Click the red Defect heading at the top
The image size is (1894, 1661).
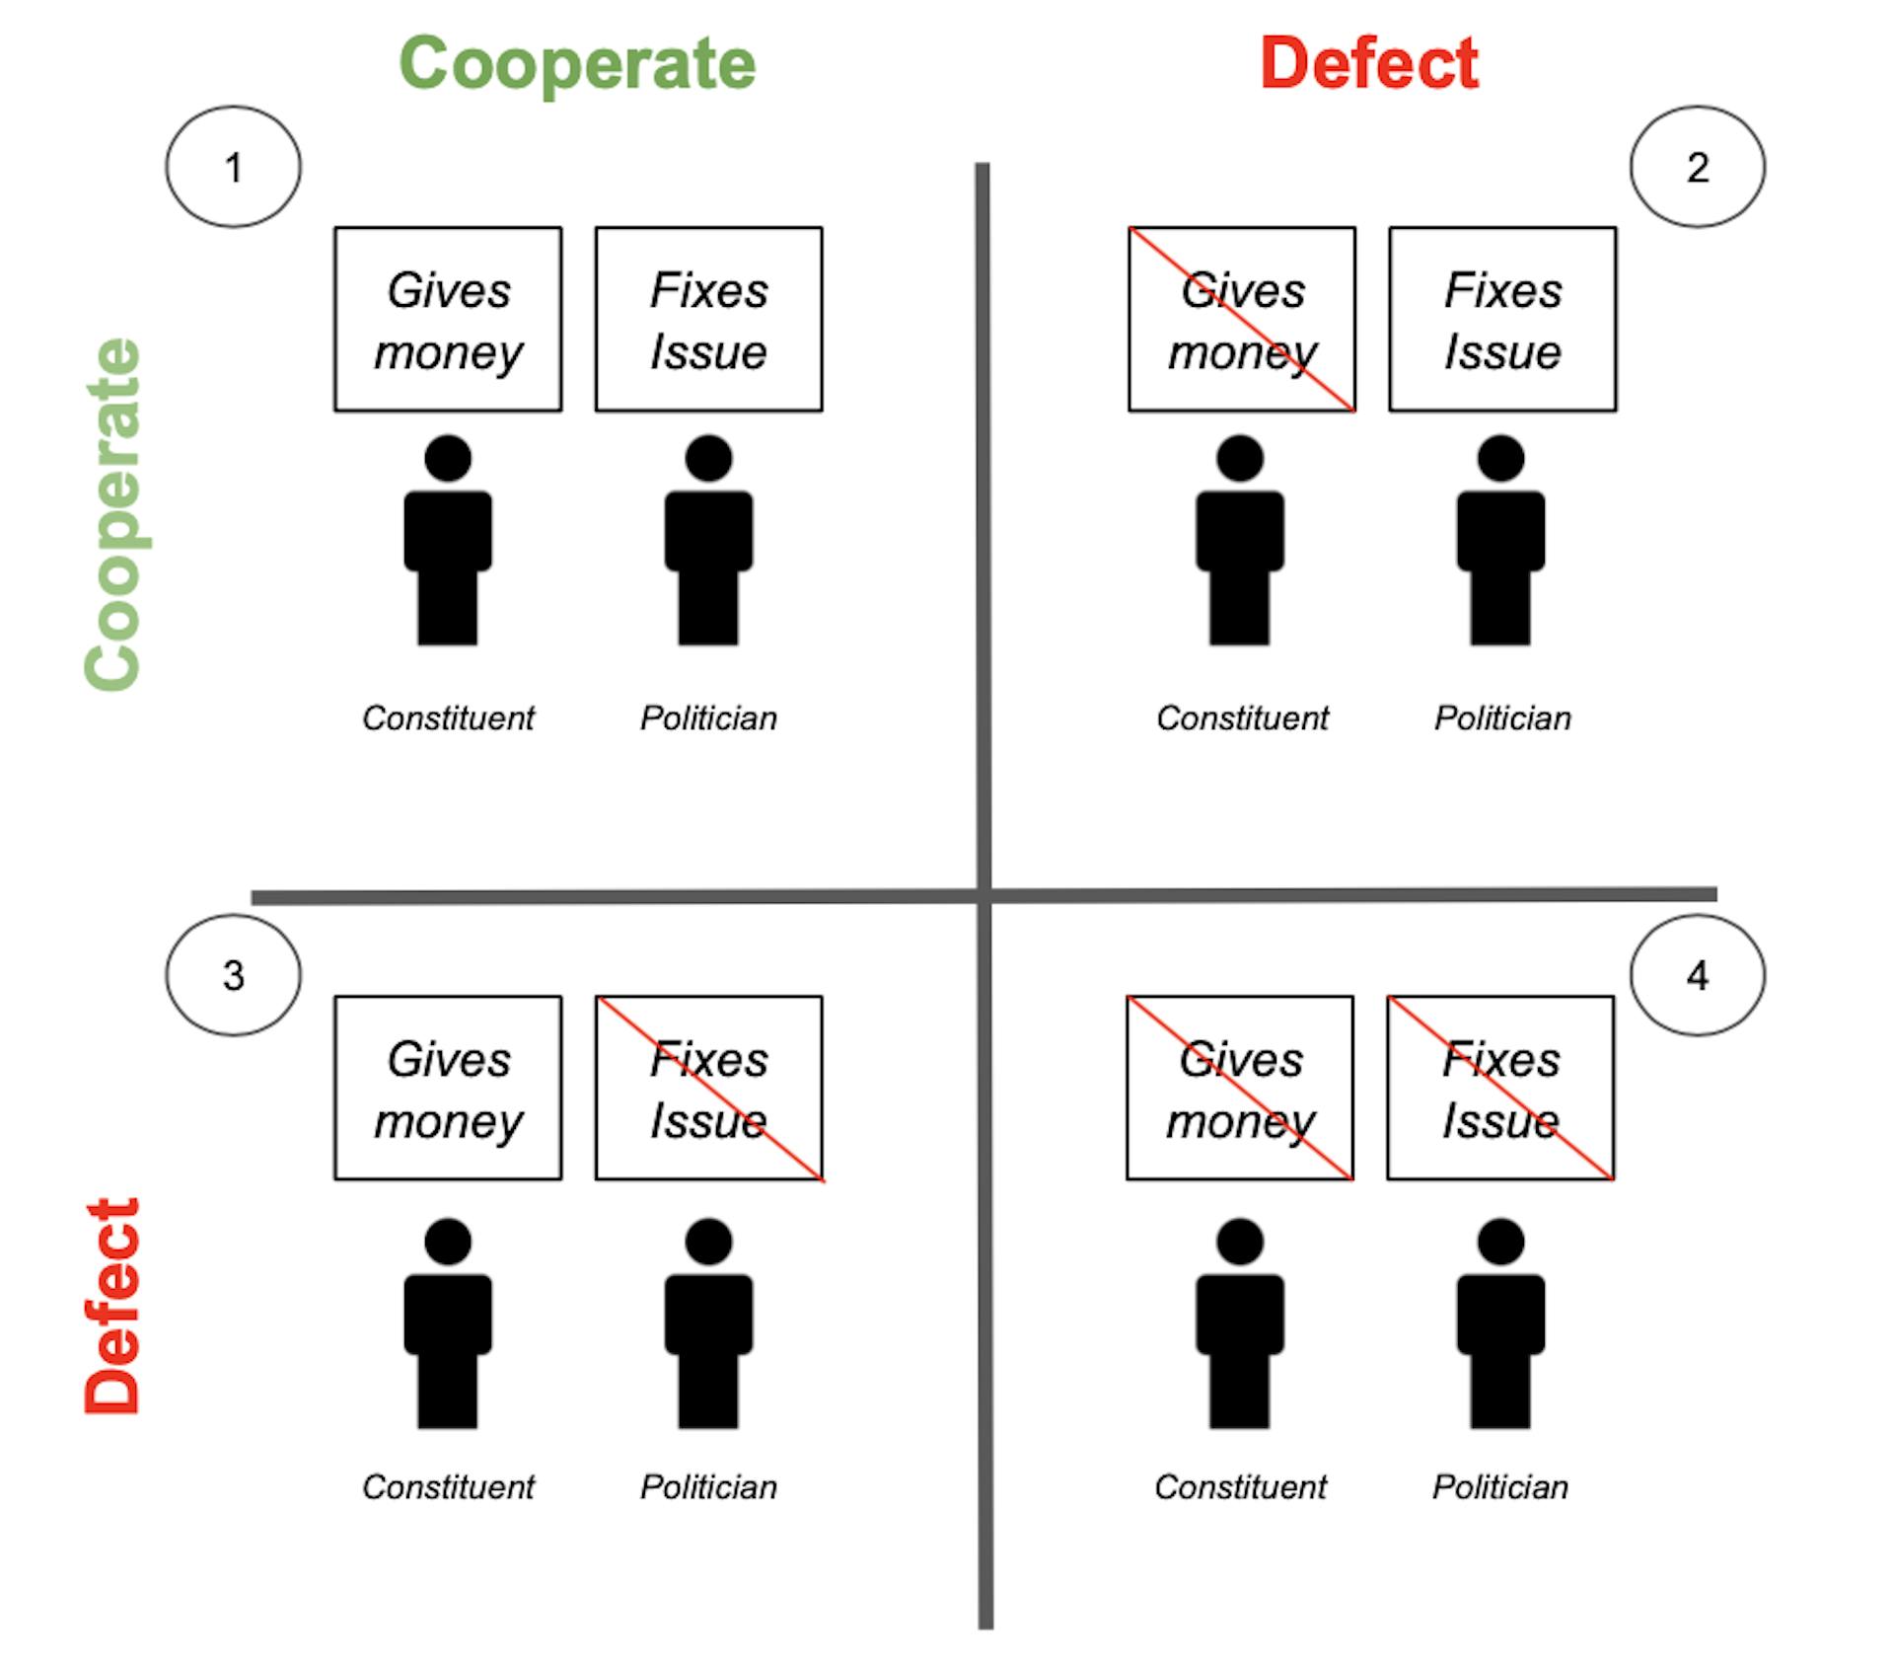pyautogui.click(x=1369, y=63)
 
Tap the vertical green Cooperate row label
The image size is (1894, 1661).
pyautogui.click(x=113, y=514)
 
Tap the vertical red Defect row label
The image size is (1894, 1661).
pyautogui.click(x=112, y=1307)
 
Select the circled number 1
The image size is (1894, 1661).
pyautogui.click(x=234, y=167)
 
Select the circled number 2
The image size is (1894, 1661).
pyautogui.click(x=1698, y=167)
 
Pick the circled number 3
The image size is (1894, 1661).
pyautogui.click(x=234, y=975)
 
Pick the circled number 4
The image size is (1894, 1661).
pyautogui.click(x=1698, y=975)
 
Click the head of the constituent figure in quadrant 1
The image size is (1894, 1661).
pyautogui.click(x=448, y=459)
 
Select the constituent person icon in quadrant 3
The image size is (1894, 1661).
pyautogui.click(x=448, y=1323)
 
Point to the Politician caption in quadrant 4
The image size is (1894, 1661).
pyautogui.click(x=1500, y=1487)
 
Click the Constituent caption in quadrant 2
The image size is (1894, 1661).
pyautogui.click(x=1242, y=718)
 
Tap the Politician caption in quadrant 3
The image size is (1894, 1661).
pyautogui.click(x=709, y=1487)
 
